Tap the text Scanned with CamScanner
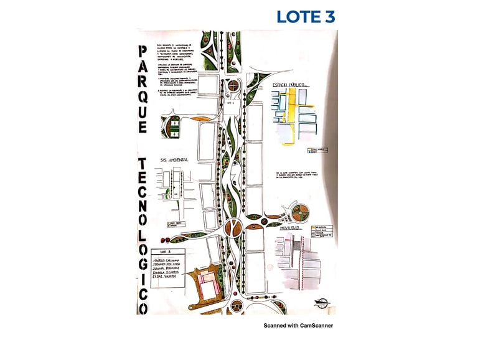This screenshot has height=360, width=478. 298,325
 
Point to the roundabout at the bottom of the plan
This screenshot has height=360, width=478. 237,305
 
